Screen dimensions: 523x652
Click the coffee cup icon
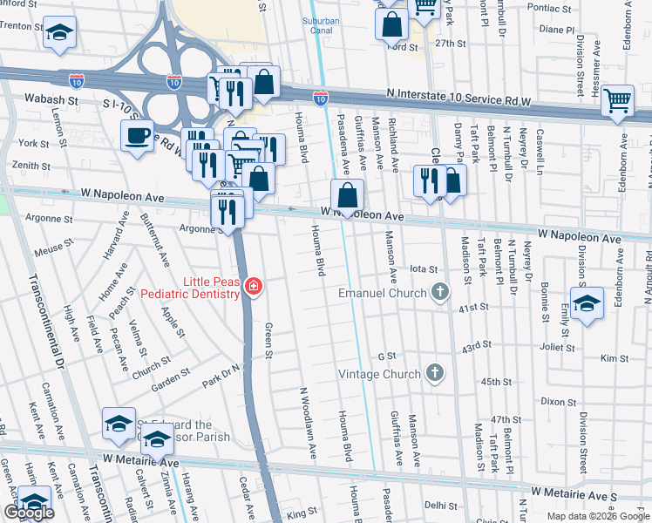point(137,135)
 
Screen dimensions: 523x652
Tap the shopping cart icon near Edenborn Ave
point(617,99)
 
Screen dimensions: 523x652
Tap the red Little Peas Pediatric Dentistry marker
point(253,287)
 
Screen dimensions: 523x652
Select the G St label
point(387,357)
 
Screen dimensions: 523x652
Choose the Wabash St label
point(51,100)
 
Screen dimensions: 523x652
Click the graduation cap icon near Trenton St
point(58,33)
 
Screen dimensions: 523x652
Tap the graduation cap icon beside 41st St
point(587,302)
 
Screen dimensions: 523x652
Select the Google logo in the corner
point(29,513)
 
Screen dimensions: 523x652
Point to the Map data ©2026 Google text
point(597,516)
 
